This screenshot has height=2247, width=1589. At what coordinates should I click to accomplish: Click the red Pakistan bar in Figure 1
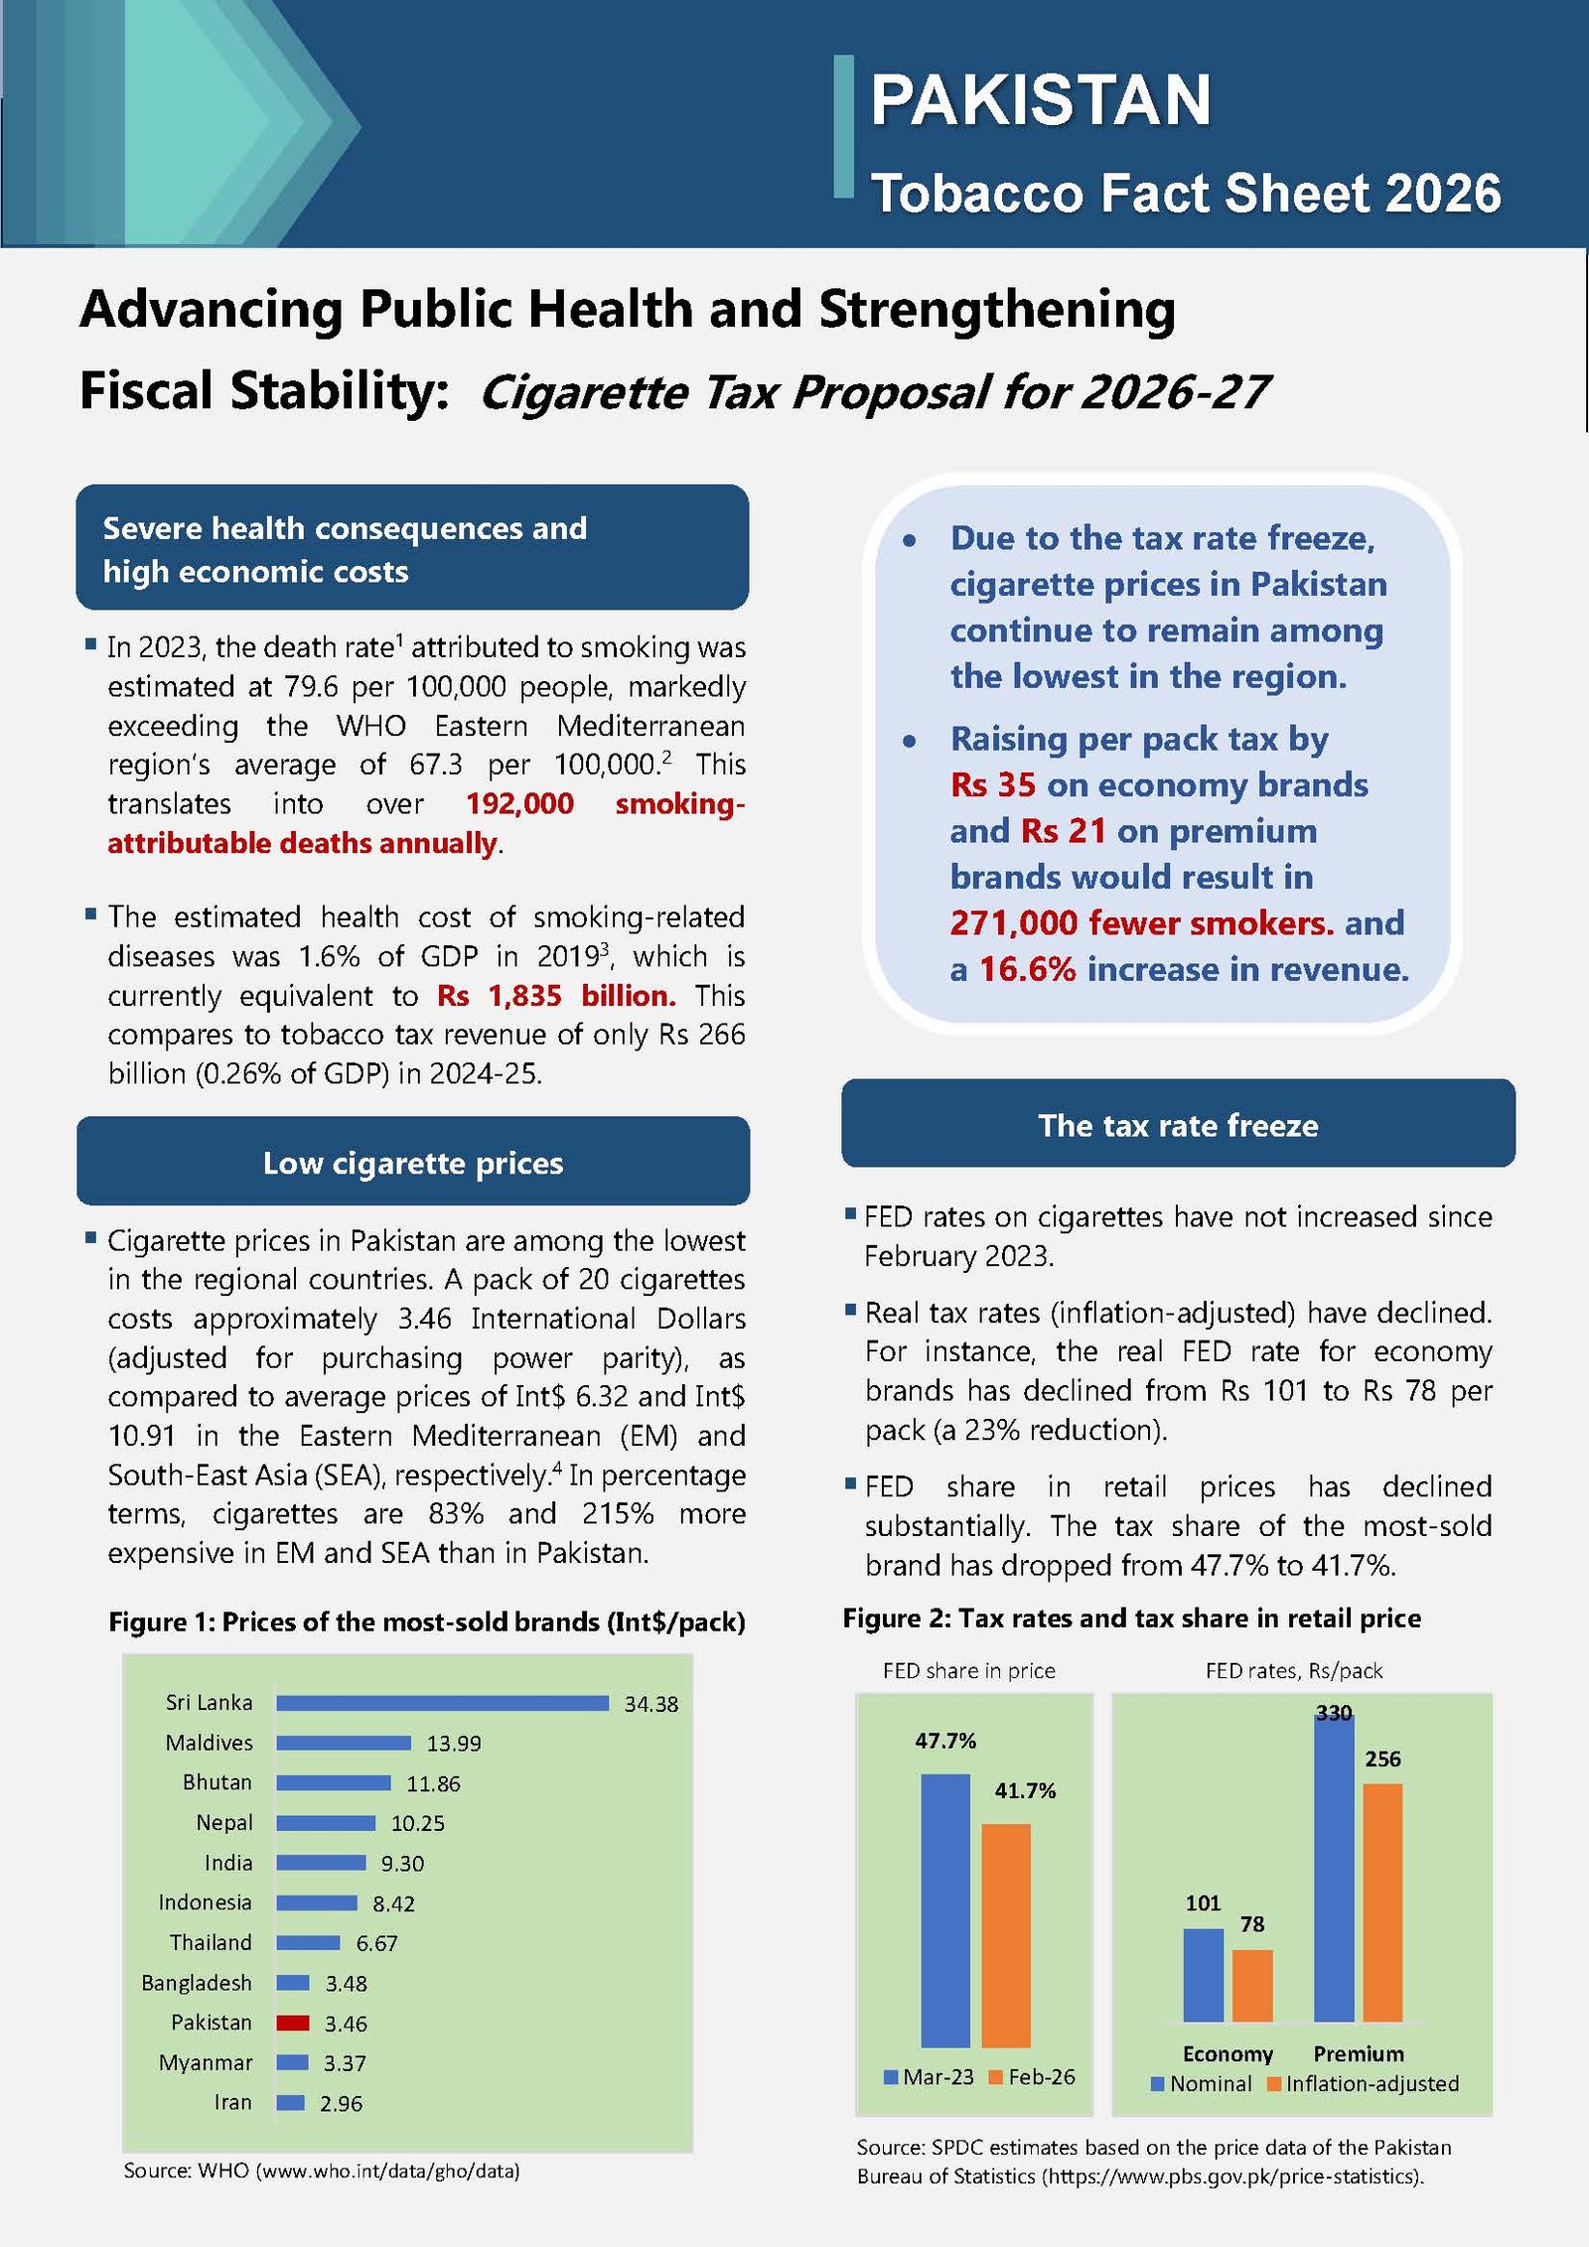click(x=293, y=2023)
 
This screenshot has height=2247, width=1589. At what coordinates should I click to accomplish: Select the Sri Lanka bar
click(x=442, y=1703)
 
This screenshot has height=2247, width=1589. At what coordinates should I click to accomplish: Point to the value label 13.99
click(x=454, y=1744)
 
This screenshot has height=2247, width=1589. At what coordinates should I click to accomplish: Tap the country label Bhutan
click(x=217, y=1782)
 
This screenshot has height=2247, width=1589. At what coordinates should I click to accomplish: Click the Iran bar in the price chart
click(x=290, y=2102)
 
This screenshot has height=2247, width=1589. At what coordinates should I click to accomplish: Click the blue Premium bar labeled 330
click(x=1334, y=1867)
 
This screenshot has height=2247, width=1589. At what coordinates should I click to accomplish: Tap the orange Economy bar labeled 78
click(x=1252, y=1986)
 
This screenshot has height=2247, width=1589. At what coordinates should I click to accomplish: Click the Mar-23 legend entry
click(x=929, y=2077)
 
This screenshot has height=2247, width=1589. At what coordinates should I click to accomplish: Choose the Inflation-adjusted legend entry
click(x=1364, y=2083)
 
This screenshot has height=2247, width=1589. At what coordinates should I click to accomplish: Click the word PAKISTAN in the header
click(x=1041, y=100)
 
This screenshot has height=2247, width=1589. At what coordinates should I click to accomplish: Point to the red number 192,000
click(x=519, y=803)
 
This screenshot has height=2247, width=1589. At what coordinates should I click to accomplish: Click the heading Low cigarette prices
click(x=413, y=1163)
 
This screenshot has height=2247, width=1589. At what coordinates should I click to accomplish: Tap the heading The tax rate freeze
click(x=1178, y=1125)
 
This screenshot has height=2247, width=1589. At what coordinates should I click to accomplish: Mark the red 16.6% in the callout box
click(x=1028, y=969)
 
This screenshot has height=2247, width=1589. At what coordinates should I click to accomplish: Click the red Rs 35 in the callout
click(x=992, y=784)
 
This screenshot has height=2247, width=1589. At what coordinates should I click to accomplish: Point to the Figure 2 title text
click(x=1131, y=1618)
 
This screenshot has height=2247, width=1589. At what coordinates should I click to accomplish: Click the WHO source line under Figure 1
click(x=322, y=2171)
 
